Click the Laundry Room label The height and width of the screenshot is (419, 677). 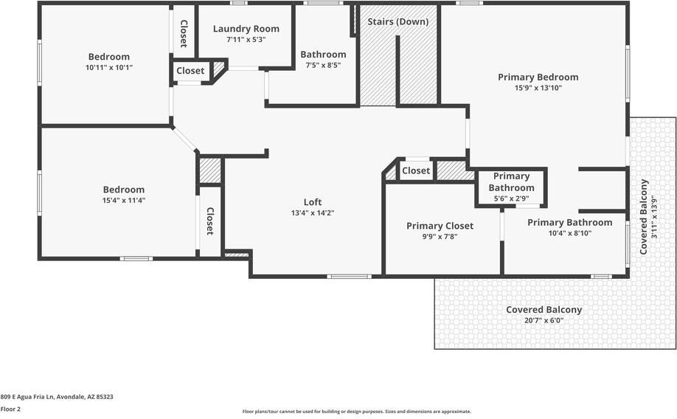pos(246,29)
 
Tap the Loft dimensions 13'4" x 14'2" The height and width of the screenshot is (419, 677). pos(313,213)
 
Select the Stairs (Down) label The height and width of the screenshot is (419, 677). pos(398,21)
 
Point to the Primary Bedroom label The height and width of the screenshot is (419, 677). pos(538,77)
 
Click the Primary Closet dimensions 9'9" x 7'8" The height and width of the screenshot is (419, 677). pos(440,237)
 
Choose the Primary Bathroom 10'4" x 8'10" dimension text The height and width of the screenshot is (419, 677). pos(570,233)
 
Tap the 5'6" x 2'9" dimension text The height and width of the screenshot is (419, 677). pos(512,198)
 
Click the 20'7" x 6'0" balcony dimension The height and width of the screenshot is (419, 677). pos(544,320)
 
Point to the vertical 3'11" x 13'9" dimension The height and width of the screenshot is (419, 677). pos(654,216)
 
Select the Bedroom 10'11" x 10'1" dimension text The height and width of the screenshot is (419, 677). pos(109,67)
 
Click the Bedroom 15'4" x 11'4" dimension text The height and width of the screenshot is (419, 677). pos(124,201)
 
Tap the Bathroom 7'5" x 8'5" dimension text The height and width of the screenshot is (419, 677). pos(324,65)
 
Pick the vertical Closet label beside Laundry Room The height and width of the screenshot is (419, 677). pos(184,34)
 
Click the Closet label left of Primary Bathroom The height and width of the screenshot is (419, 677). pos(416,170)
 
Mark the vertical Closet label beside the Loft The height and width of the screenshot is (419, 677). pos(210,221)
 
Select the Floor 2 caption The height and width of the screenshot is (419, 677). pos(10,409)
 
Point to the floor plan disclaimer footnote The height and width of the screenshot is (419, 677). pos(357,412)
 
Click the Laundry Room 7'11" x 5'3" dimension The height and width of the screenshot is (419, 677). pos(246,40)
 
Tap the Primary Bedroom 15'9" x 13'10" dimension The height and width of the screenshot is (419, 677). pos(538,88)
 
